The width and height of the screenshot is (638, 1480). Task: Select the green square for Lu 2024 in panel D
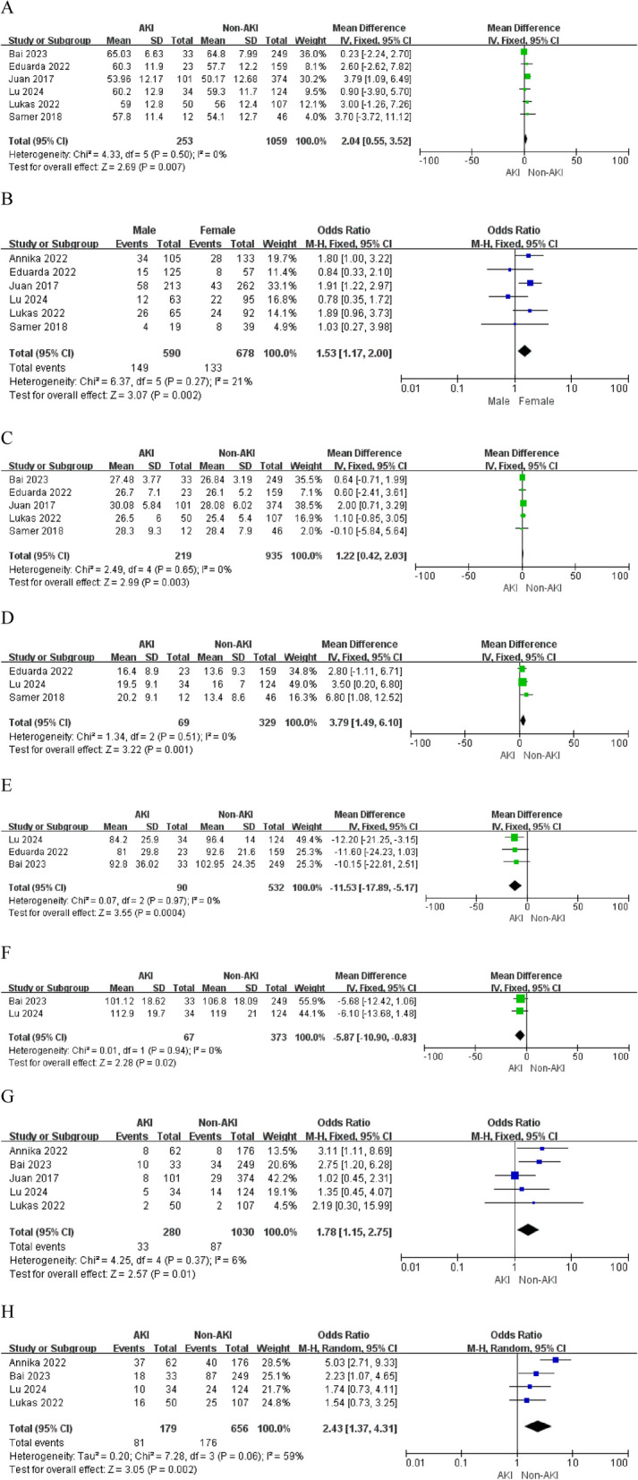(523, 682)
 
